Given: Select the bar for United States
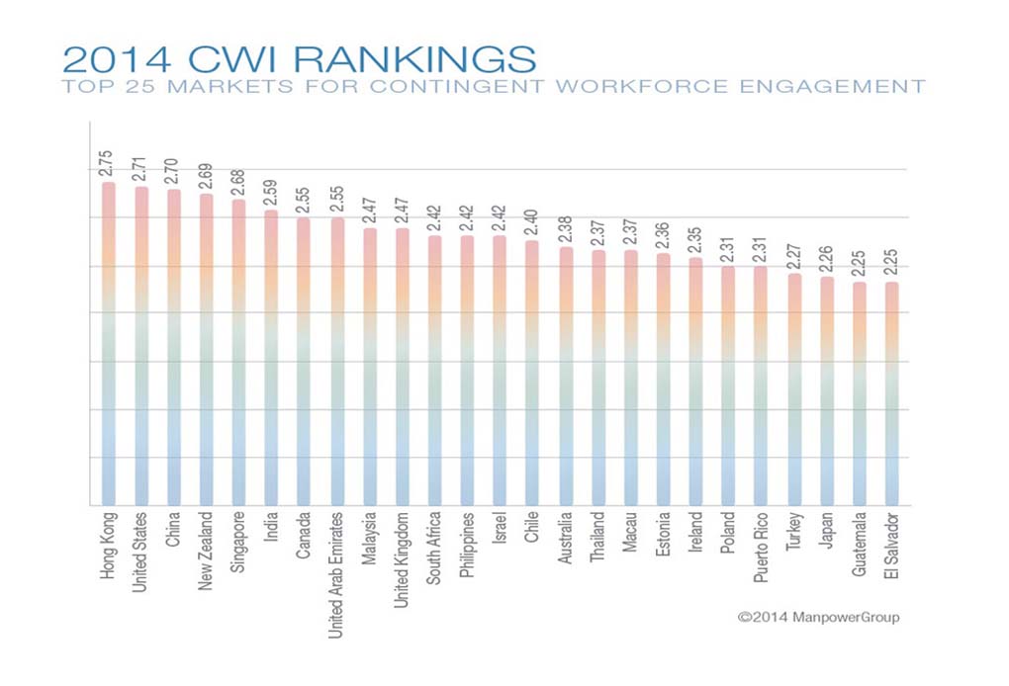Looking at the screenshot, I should (x=141, y=346).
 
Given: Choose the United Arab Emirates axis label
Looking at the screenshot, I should (x=336, y=574).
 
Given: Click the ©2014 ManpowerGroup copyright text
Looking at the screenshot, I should (x=819, y=617).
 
